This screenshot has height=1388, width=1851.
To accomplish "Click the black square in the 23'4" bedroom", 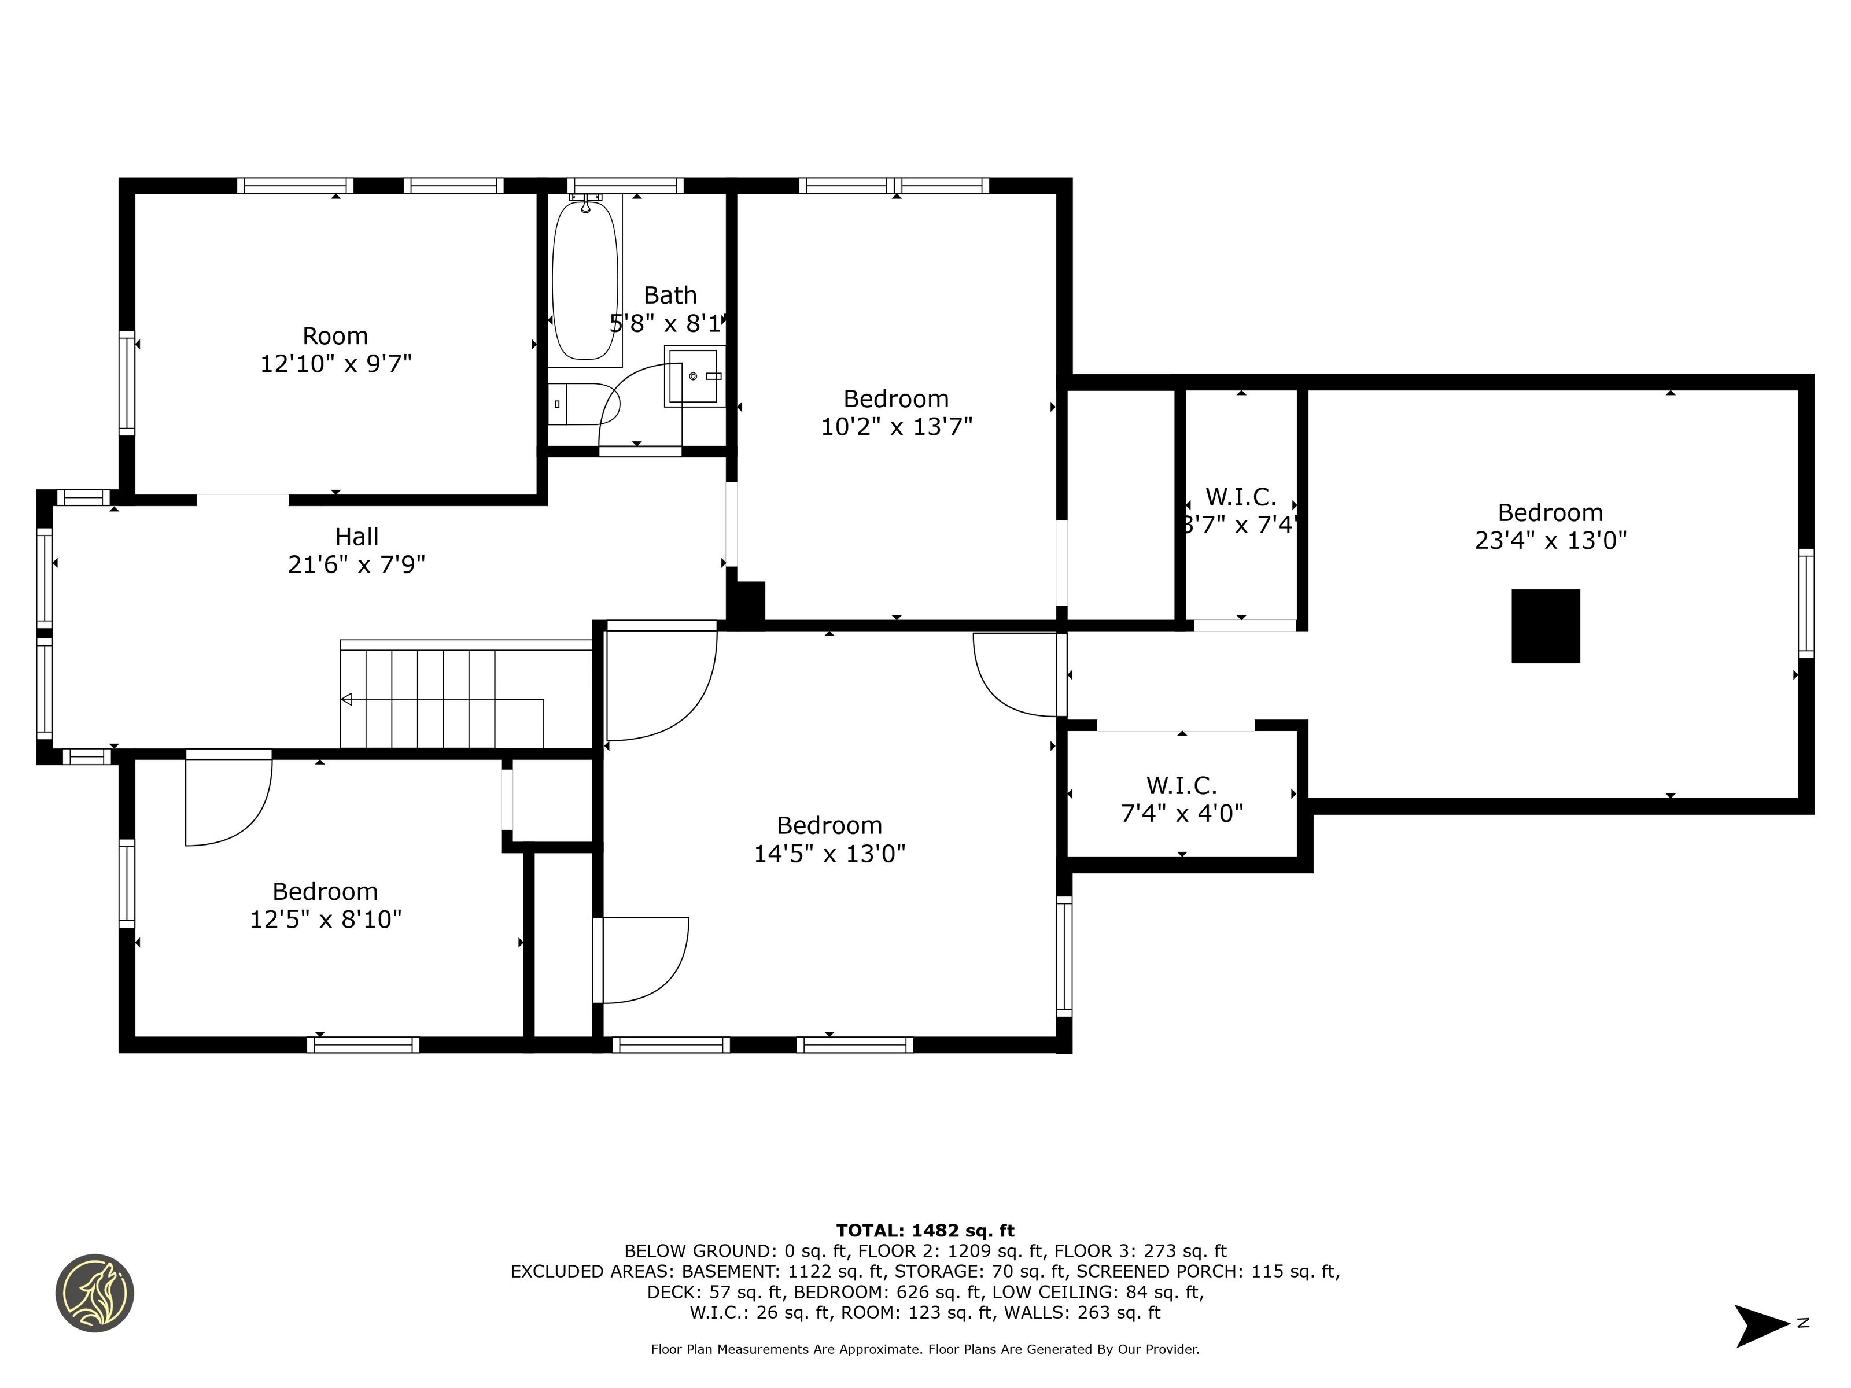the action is (x=1546, y=626).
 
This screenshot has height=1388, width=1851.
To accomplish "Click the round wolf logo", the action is (x=94, y=1293).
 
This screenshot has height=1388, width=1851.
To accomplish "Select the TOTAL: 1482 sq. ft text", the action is (x=925, y=1231).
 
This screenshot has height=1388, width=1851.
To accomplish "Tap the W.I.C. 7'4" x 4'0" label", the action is (x=1182, y=799).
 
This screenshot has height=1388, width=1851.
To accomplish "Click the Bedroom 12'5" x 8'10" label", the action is (x=326, y=905).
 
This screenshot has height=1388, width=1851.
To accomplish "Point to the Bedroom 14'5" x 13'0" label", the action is (x=829, y=839).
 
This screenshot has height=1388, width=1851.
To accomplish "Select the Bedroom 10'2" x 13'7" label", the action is (x=896, y=412).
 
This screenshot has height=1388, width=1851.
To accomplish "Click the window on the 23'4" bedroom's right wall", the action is (x=1806, y=603).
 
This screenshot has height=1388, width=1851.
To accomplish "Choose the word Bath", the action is (x=669, y=296).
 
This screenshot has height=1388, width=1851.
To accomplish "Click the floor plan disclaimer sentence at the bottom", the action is (x=925, y=1349).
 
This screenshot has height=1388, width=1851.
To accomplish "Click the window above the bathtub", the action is (x=625, y=186).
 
